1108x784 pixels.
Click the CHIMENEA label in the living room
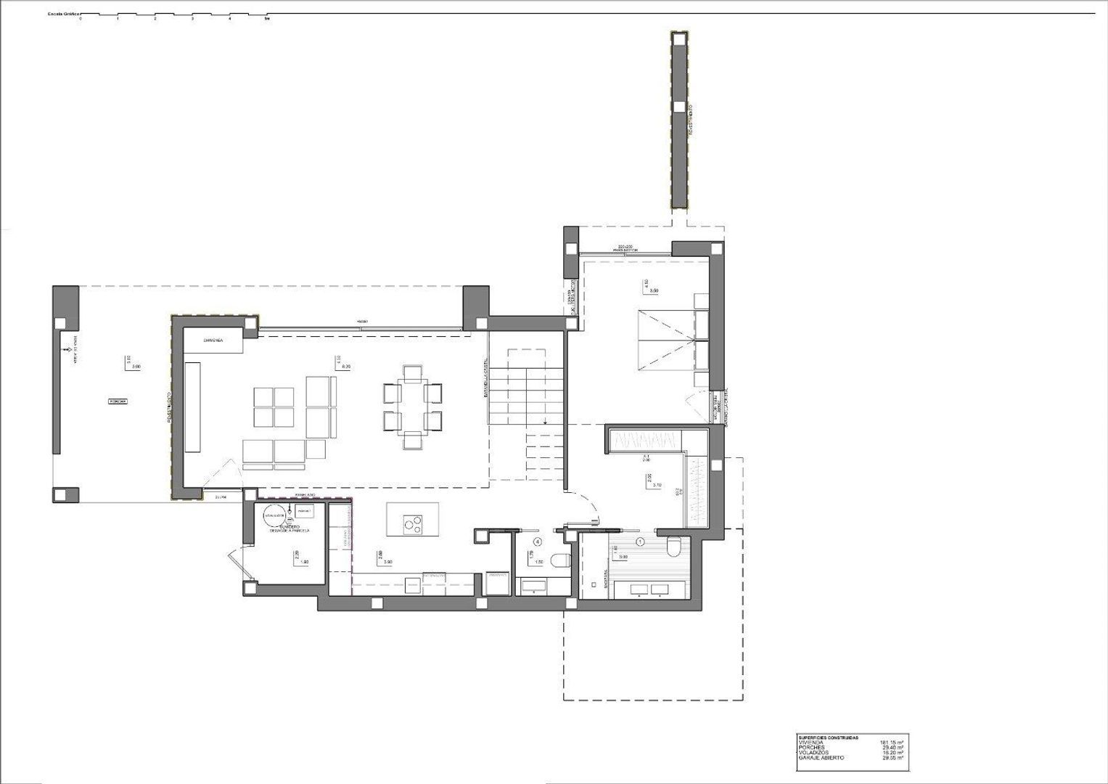click(212, 340)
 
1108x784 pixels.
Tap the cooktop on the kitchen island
click(412, 522)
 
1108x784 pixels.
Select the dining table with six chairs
click(412, 407)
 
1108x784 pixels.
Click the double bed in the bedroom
click(665, 339)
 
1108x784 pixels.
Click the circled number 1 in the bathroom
click(640, 542)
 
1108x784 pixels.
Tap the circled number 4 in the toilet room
click(537, 542)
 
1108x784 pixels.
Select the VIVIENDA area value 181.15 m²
click(891, 743)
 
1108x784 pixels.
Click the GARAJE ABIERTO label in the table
click(821, 758)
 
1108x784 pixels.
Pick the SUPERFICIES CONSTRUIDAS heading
click(827, 738)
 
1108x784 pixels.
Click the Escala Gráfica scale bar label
click(64, 14)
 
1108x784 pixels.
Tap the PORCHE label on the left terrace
click(118, 401)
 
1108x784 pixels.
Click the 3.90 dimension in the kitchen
click(387, 563)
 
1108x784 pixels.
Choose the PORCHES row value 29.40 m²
click(892, 748)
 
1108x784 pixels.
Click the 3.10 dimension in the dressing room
click(657, 485)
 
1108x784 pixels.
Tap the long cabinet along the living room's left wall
click(193, 407)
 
